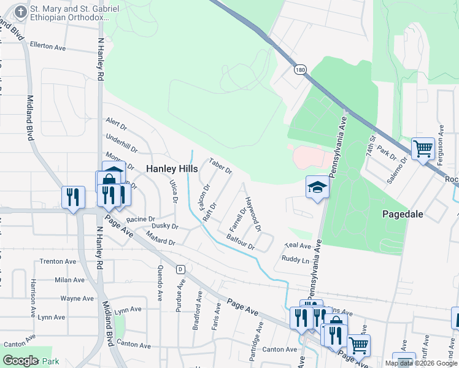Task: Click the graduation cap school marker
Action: click(318, 188)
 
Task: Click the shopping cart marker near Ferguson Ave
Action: click(423, 148)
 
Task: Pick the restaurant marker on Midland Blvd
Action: click(73, 197)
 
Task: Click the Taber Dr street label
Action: click(220, 166)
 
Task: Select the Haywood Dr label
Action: click(253, 214)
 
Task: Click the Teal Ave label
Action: click(298, 245)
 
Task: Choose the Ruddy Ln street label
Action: click(295, 259)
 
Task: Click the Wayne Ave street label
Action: click(77, 298)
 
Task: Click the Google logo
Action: click(20, 361)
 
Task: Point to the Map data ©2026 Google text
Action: click(421, 363)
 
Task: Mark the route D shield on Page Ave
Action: click(180, 269)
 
